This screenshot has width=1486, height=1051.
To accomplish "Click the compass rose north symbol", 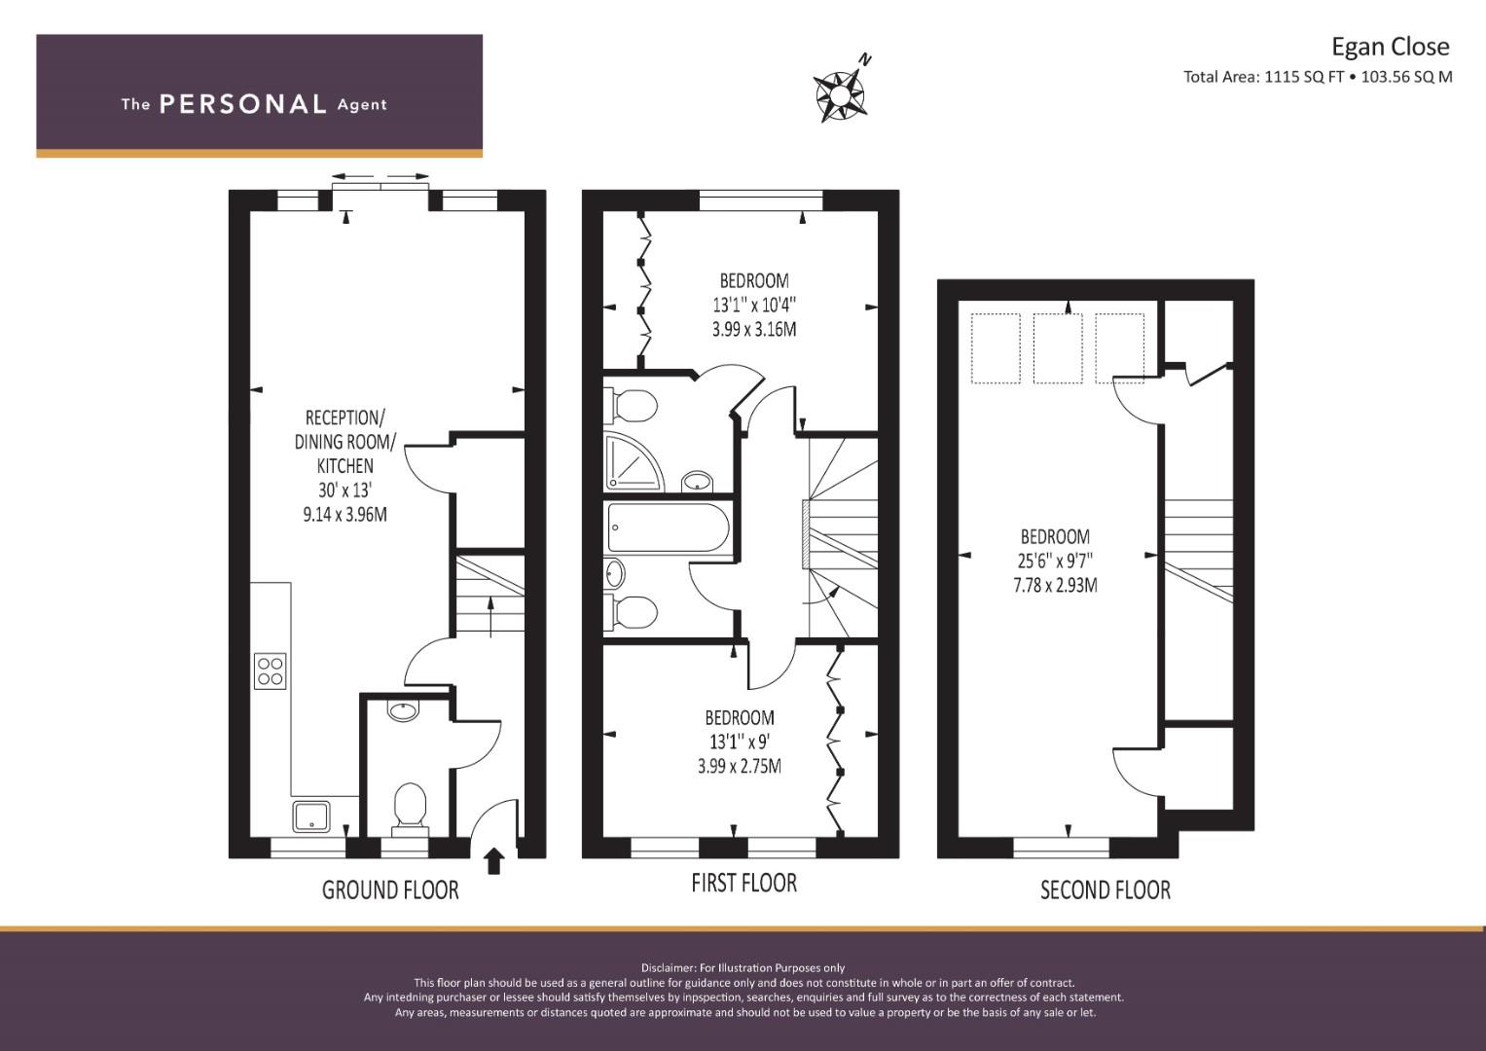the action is coord(841,89).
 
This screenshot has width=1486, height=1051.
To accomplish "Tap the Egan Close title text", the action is coord(1391,47).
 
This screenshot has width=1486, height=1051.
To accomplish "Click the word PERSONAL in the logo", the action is coord(243,104).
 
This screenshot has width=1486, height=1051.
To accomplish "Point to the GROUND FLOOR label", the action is coord(390,889).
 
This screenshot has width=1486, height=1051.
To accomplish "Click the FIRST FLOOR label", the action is coord(743,884).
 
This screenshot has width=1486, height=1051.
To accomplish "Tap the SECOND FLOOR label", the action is coord(1105,889).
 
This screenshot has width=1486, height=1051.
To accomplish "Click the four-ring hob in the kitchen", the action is coord(270,670).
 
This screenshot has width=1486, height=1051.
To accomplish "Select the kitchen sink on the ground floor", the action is coord(311,816).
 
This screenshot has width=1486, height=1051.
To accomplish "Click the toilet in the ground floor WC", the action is coord(410,808).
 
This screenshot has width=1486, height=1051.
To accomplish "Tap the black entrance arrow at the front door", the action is coord(493,861).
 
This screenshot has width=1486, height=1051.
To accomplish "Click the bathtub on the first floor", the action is coord(669,528).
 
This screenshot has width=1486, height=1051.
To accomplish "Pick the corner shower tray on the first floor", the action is coord(634,462).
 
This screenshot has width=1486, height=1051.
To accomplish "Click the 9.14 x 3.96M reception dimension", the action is coord(344,514).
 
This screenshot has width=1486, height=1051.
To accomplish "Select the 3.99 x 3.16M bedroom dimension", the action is coord(754,329).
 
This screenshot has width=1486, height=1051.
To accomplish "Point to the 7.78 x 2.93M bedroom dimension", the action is coord(1055,585).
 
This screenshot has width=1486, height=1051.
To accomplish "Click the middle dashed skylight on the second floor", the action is coord(1058,348).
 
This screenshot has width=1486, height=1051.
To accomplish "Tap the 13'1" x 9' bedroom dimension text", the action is coord(739,742).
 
